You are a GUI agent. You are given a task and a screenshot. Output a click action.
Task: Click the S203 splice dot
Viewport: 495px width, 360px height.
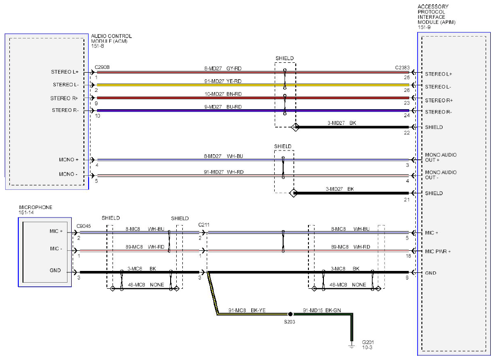[x=291, y=314]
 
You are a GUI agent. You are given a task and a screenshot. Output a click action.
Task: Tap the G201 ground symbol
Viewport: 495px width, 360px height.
[x=352, y=345]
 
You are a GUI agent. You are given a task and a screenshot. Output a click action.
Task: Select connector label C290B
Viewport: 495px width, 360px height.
[x=102, y=67]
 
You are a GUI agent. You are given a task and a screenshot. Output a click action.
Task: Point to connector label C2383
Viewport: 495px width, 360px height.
[x=402, y=67]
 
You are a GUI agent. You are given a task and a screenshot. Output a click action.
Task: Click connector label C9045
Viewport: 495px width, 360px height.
[x=83, y=226]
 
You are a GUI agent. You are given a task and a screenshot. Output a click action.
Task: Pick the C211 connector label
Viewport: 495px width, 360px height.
[x=203, y=225]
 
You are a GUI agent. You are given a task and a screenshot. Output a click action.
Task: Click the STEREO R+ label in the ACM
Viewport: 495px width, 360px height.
[x=64, y=98]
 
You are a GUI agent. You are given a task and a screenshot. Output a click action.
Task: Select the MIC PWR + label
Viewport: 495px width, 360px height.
[x=438, y=251]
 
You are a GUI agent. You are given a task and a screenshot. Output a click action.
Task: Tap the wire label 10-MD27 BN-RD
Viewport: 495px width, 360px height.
[x=223, y=94]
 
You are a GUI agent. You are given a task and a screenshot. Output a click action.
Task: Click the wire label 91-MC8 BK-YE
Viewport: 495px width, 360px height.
[x=247, y=310]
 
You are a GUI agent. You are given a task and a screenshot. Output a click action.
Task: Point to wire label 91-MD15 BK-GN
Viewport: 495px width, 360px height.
[x=322, y=310]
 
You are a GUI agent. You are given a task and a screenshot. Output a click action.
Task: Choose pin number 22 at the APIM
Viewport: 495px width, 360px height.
[x=406, y=133]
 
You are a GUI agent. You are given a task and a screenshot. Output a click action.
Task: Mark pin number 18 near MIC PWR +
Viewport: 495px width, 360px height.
[x=408, y=256]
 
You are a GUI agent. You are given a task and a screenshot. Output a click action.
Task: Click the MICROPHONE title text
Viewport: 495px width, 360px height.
[x=36, y=207]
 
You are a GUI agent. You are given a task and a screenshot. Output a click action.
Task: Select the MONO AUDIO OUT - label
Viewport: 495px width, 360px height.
[x=441, y=175]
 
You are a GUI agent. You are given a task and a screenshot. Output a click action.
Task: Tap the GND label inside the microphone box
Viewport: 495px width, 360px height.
[x=55, y=270]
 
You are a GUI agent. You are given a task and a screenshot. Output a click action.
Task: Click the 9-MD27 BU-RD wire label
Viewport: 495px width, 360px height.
[x=223, y=107]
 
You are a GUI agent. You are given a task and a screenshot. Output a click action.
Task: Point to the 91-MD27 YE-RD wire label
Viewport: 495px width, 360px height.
[x=223, y=81]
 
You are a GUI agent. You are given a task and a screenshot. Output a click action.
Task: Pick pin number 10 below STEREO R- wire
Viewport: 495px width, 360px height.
[x=97, y=116]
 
